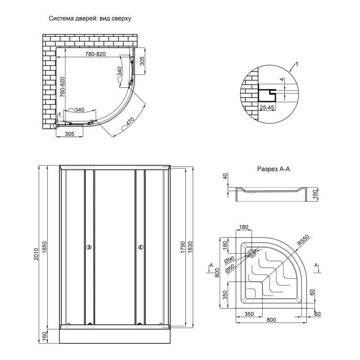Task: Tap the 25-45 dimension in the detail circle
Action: pos(267,108)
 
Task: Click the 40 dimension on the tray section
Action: pos(225,177)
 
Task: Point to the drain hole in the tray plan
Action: pos(252,253)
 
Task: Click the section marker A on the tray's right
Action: pos(317,265)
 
